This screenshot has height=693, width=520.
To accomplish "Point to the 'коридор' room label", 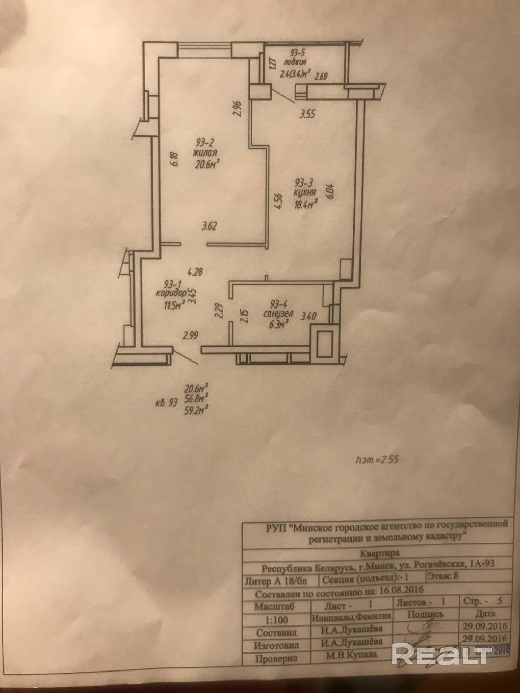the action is pos(171,293).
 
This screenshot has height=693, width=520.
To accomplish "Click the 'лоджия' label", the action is pos(295,63).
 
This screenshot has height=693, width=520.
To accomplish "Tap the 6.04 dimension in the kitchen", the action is pos(330,191).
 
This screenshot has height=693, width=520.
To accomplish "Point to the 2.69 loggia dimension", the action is pos(321,77).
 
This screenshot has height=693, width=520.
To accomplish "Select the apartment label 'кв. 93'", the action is pos(166,403).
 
